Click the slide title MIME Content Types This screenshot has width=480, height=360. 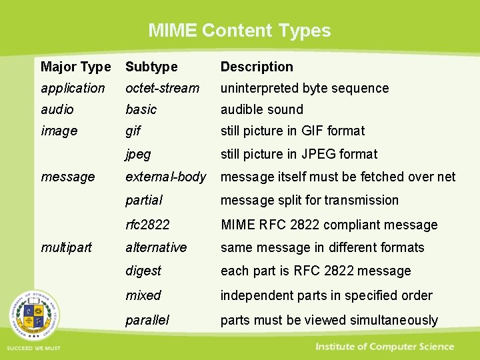[x=239, y=31]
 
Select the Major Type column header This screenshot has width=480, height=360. [x=75, y=67]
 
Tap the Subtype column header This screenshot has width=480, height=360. [x=151, y=67]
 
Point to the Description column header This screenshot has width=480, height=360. [x=257, y=67]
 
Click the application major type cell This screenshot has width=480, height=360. [x=73, y=88]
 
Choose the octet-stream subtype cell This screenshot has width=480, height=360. [x=162, y=88]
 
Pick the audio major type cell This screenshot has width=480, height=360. [x=57, y=109]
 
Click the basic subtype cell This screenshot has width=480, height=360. [x=141, y=109]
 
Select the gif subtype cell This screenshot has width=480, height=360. [x=133, y=131]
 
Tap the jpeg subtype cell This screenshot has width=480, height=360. [x=138, y=154]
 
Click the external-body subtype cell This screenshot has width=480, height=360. [x=165, y=177]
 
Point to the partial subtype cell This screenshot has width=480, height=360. [x=143, y=200]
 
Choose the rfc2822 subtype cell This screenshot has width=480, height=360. [x=147, y=225]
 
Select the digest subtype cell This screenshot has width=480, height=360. [x=143, y=271]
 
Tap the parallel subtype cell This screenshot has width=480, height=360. [x=147, y=320]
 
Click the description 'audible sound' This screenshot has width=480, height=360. [x=261, y=109]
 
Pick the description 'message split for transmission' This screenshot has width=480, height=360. [x=309, y=200]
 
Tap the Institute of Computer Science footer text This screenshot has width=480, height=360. [x=385, y=347]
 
